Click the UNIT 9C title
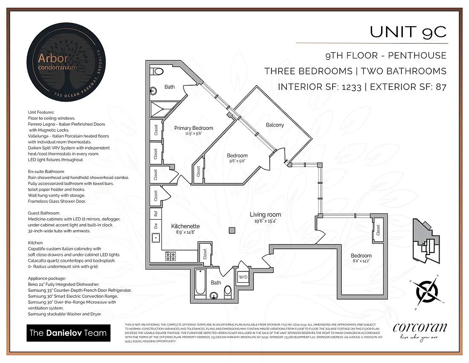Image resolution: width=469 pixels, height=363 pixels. [408, 32]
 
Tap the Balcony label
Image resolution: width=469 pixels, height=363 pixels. [275, 125]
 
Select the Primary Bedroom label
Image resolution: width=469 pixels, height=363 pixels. [193, 128]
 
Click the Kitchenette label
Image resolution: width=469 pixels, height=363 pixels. [185, 226]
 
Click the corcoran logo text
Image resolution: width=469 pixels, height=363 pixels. [420, 328]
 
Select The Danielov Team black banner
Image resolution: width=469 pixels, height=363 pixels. [68, 333]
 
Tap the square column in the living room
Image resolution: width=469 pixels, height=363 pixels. [232, 231]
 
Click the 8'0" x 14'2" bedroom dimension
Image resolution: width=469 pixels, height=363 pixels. [361, 261]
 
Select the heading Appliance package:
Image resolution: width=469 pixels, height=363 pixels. [47, 278]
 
